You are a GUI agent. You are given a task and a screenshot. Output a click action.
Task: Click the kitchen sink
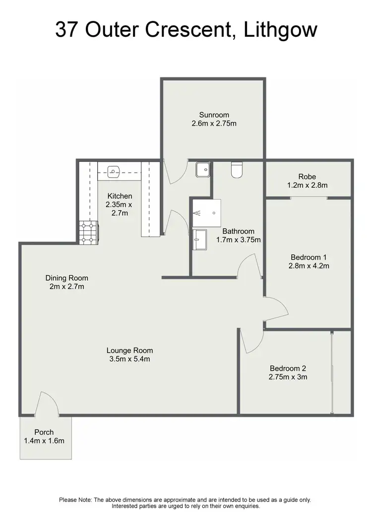point(114,172)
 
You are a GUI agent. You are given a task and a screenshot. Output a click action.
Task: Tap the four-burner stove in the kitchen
point(88,232)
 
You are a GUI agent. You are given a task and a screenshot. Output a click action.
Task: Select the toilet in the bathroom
point(237,170)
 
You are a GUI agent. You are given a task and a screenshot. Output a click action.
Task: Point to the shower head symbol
point(198,213)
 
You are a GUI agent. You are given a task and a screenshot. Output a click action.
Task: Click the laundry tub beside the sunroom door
point(203,170)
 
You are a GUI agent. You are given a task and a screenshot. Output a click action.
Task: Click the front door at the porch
point(47,403)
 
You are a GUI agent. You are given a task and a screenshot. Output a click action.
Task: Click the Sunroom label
point(214,115)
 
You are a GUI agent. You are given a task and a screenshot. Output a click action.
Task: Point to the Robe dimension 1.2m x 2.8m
point(307,185)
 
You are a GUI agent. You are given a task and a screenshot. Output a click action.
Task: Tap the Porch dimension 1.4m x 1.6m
point(44,440)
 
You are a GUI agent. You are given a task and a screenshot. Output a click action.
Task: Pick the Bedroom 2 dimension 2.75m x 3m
point(288,377)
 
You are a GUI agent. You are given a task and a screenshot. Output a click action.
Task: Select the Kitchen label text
point(119,196)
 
